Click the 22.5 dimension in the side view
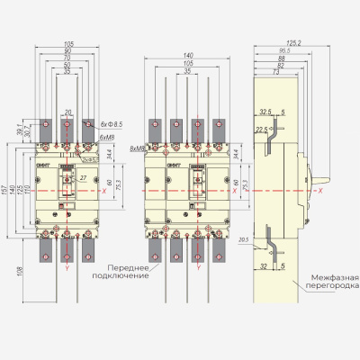click(261, 129)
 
